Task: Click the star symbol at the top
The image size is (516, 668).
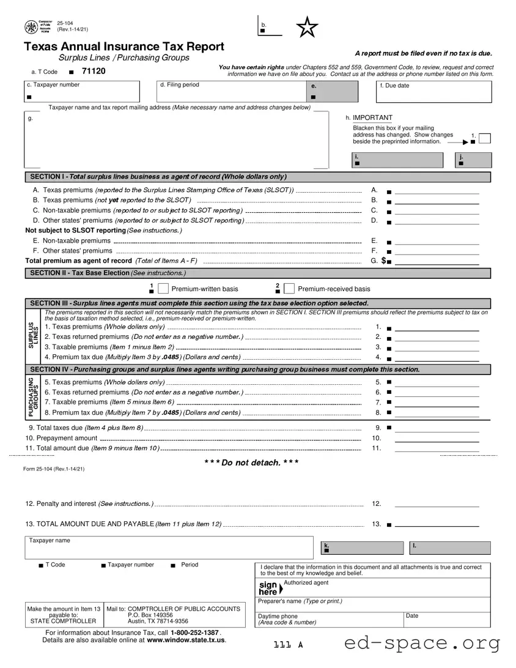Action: (307, 27)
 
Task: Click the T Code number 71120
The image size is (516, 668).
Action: (94, 72)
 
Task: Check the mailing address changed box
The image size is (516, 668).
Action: (485, 138)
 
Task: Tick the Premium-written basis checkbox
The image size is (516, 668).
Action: (163, 289)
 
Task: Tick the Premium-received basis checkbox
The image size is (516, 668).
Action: (289, 289)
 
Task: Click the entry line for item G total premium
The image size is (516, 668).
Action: (437, 261)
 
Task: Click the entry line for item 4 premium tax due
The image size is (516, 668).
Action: (437, 357)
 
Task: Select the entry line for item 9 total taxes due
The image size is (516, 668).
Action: (437, 428)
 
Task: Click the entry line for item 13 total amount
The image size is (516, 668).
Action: (437, 524)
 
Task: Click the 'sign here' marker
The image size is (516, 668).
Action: (269, 588)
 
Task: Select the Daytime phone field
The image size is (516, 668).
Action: (329, 619)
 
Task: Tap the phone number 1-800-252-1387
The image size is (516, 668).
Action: (194, 632)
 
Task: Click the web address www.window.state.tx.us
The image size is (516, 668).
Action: (186, 640)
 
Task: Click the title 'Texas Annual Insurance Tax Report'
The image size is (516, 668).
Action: (124, 46)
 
